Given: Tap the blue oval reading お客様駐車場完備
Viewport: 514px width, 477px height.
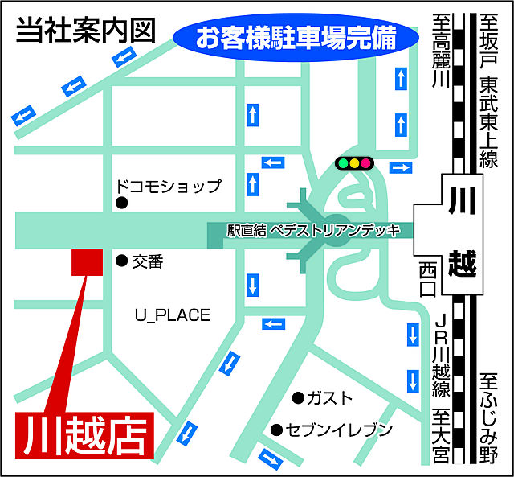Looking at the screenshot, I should [x=296, y=38].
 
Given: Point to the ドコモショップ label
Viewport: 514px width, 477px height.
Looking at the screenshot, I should [x=169, y=187].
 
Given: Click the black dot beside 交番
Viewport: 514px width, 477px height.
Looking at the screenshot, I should [x=121, y=261].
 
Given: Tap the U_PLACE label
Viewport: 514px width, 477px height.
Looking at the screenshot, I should [x=172, y=315].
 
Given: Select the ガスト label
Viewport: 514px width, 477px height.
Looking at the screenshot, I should [x=330, y=398].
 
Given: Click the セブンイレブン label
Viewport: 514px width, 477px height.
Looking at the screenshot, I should [x=341, y=430].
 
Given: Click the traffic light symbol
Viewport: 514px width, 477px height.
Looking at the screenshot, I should [x=354, y=163].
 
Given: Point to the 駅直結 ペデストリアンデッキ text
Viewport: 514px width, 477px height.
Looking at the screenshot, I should [x=313, y=230].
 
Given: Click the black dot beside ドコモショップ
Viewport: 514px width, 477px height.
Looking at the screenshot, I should [x=121, y=204].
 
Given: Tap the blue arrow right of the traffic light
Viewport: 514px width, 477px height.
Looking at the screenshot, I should [x=399, y=167].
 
